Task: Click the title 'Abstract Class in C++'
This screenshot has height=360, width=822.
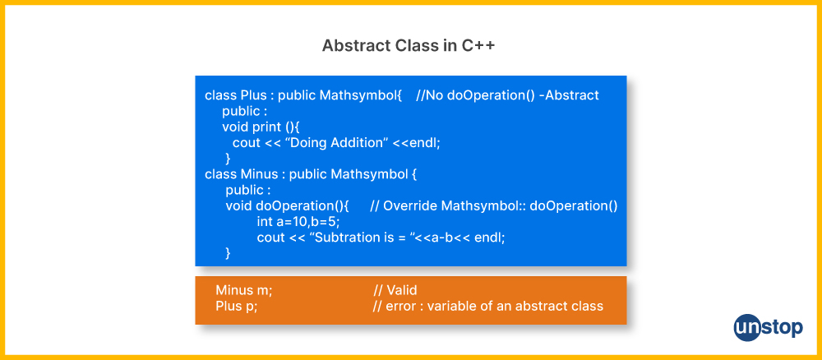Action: click(x=409, y=46)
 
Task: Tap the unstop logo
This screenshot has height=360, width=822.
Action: click(x=768, y=327)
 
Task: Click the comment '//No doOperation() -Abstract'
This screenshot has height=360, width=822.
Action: click(x=507, y=95)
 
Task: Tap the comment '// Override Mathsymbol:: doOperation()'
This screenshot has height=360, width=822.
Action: click(x=494, y=206)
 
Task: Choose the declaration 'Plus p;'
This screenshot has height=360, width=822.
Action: click(x=237, y=306)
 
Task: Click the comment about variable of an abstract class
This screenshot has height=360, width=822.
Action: click(x=488, y=306)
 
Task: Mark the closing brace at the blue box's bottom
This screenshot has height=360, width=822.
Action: click(x=228, y=253)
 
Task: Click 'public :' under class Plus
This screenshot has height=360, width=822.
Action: click(x=245, y=111)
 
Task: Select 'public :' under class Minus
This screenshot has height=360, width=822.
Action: click(x=248, y=190)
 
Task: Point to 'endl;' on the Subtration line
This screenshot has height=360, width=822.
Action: click(x=490, y=238)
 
